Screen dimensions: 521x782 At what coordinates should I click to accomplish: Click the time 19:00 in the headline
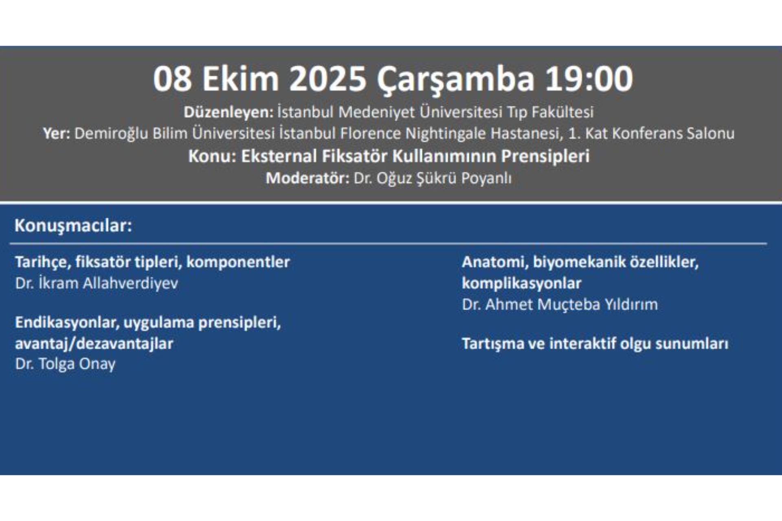(x=589, y=79)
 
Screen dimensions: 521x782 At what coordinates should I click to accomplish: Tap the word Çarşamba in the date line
(x=455, y=79)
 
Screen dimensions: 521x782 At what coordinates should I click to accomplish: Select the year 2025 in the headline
(x=327, y=79)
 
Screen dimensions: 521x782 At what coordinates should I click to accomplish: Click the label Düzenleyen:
(x=228, y=112)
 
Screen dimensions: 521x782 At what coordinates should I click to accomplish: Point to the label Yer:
(x=57, y=134)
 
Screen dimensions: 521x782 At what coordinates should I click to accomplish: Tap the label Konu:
(x=212, y=156)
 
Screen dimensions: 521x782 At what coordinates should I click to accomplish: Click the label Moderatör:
(x=308, y=178)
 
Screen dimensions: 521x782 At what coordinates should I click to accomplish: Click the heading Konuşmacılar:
(x=73, y=225)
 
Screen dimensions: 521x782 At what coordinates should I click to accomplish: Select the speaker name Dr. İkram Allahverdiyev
(x=97, y=283)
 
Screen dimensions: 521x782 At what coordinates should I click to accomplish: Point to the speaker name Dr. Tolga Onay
(x=65, y=364)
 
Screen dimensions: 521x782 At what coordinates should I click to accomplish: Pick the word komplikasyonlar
(x=521, y=283)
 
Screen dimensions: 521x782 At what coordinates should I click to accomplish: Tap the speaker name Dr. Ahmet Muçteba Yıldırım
(x=560, y=304)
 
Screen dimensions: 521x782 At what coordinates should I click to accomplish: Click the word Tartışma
(x=493, y=344)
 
